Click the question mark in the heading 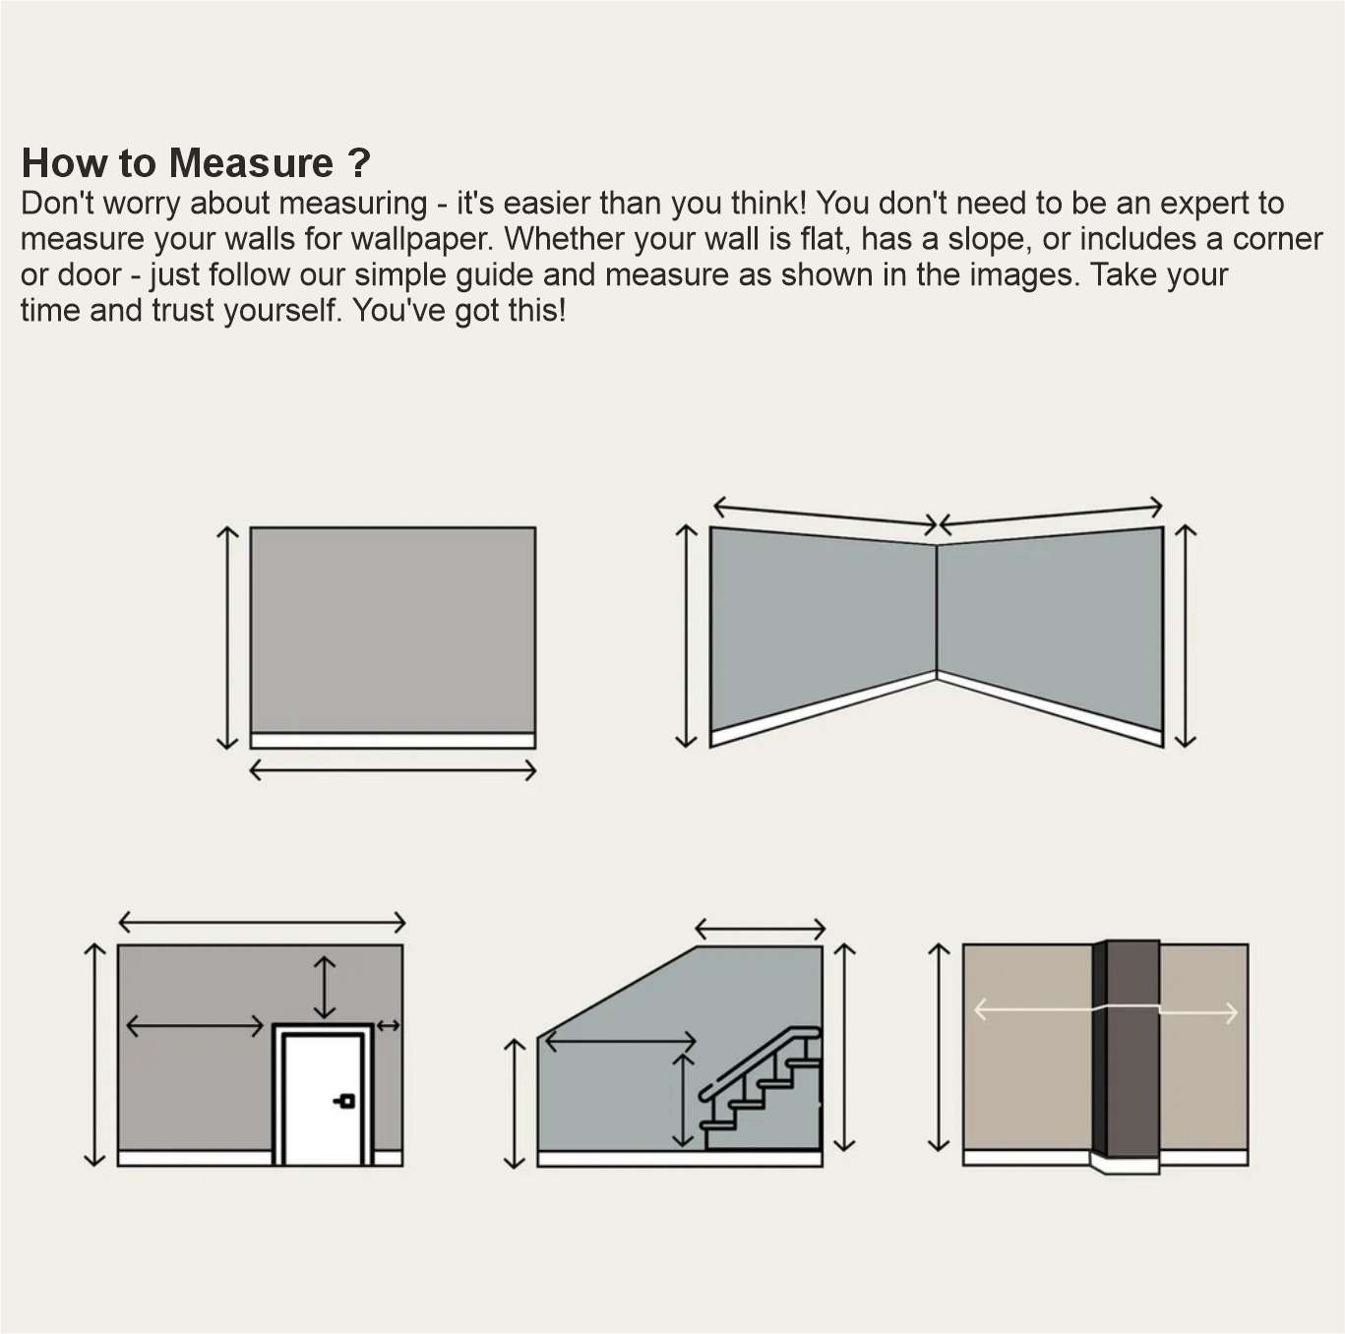359,163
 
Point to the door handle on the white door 344,1101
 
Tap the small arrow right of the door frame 389,1026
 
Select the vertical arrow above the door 324,987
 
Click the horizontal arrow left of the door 195,1026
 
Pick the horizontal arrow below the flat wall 393,770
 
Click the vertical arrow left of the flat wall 227,637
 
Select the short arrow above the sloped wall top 760,928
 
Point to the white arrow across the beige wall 1033,1010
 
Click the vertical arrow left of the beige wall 939,1047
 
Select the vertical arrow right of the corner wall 1187,636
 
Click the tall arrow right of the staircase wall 844,1047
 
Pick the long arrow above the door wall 262,922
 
